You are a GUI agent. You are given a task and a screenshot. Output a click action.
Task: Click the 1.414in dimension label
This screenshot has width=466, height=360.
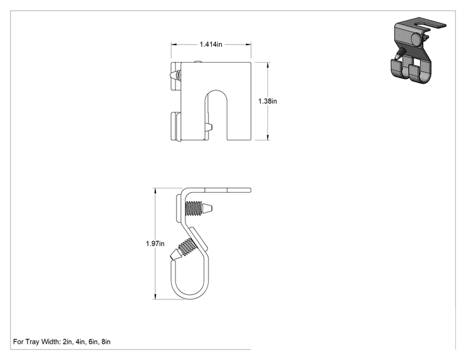point(210,44)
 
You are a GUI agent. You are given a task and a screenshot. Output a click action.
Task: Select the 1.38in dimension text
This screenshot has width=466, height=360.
point(267,101)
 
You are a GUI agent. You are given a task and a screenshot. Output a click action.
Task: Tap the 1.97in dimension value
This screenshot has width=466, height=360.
point(155,244)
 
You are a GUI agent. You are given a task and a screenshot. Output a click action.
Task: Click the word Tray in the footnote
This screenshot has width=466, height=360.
point(33,342)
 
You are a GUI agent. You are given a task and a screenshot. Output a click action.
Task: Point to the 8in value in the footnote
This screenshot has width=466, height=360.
point(106,342)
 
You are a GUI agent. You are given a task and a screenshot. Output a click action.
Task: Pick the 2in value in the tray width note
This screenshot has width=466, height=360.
point(68,342)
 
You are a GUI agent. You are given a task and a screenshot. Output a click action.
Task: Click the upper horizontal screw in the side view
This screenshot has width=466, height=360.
point(199,208)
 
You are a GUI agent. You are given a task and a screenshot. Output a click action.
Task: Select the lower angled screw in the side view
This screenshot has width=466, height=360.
point(182,250)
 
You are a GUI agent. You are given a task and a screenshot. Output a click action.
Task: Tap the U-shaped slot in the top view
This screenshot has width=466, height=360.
point(216,115)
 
